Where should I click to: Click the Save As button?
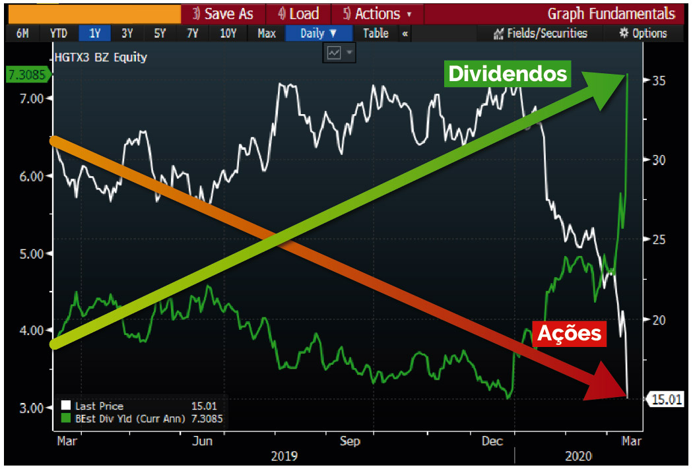(x=223, y=14)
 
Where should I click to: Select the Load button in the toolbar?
(x=298, y=14)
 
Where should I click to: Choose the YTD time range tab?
(x=58, y=34)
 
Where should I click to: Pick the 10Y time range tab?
(x=228, y=34)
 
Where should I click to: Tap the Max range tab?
(x=267, y=34)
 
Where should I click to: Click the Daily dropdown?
(x=319, y=34)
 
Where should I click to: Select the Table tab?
(x=376, y=34)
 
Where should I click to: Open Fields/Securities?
(x=541, y=34)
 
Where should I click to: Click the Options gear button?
(x=643, y=34)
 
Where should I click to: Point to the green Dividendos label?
(x=508, y=73)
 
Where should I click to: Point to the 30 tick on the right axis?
(x=660, y=160)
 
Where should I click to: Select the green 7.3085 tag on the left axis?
(x=26, y=75)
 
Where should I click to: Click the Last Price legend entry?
(x=99, y=406)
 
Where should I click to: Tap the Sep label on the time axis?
(x=350, y=441)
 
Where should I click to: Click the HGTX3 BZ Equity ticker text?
(x=100, y=57)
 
